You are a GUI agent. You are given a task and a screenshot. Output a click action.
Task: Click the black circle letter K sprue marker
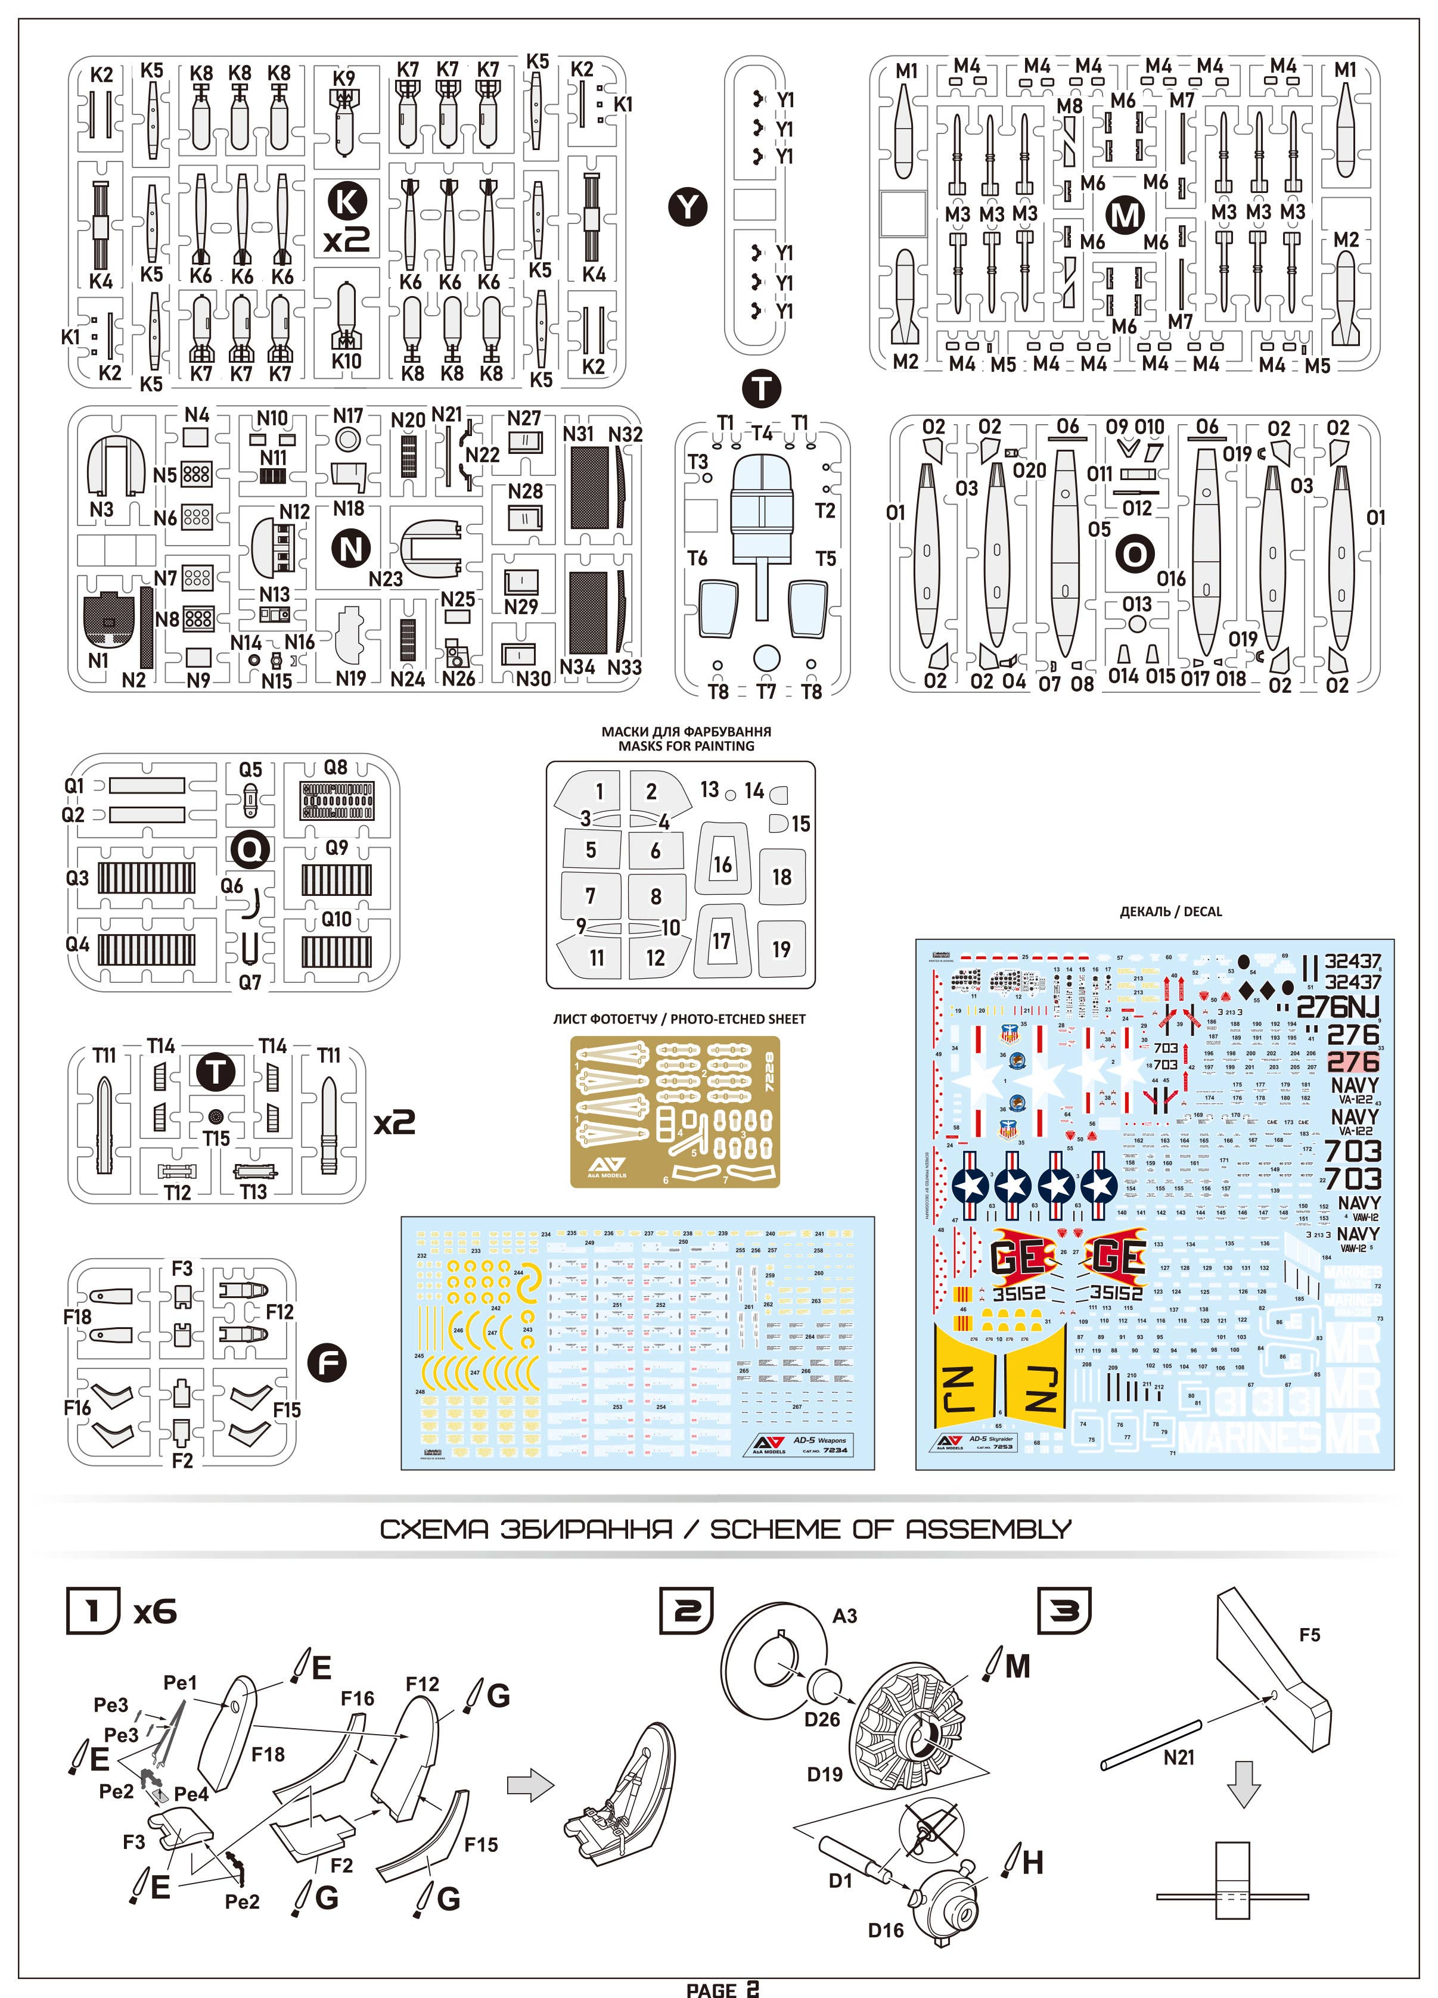[346, 202]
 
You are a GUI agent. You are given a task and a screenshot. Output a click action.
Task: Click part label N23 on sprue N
[385, 579]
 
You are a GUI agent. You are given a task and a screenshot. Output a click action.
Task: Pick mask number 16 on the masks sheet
[722, 864]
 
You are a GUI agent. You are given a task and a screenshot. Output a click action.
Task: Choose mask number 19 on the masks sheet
[781, 949]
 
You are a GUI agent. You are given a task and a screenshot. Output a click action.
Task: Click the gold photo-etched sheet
[675, 1112]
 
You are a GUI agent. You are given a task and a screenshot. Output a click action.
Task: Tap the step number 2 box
[687, 1611]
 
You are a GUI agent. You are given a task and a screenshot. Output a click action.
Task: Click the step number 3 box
[1064, 1611]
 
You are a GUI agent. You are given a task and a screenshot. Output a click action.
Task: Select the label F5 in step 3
[1309, 1635]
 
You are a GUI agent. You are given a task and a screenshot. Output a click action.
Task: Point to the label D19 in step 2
[825, 1774]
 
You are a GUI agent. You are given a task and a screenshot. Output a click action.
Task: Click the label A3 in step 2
[844, 1616]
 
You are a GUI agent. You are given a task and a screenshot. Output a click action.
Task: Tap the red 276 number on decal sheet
[1353, 1062]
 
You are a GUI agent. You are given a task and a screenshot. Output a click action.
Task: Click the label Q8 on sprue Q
[336, 767]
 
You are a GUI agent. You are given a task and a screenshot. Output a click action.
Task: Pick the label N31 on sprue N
[579, 434]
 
